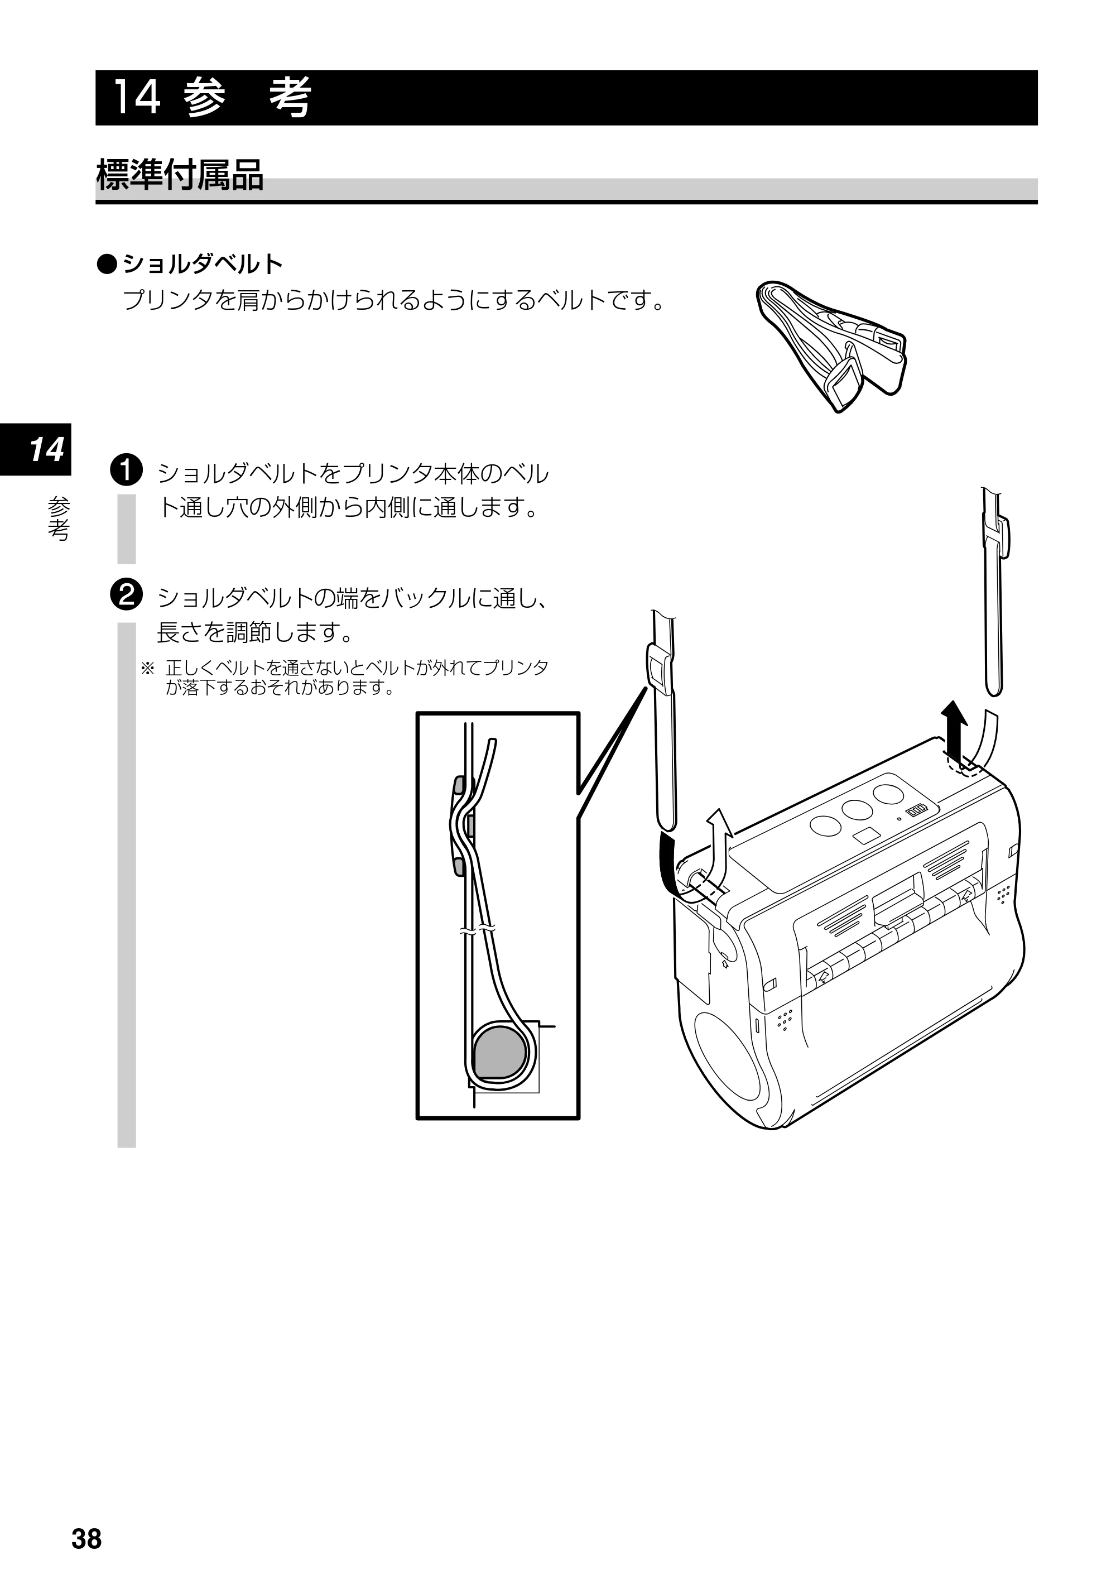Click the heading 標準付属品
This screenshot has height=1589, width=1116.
point(180,175)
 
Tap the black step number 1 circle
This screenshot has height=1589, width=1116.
point(126,471)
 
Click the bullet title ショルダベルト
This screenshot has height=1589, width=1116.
point(203,263)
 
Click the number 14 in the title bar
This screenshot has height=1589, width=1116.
point(136,98)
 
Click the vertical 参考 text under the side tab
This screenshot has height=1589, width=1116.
point(59,519)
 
